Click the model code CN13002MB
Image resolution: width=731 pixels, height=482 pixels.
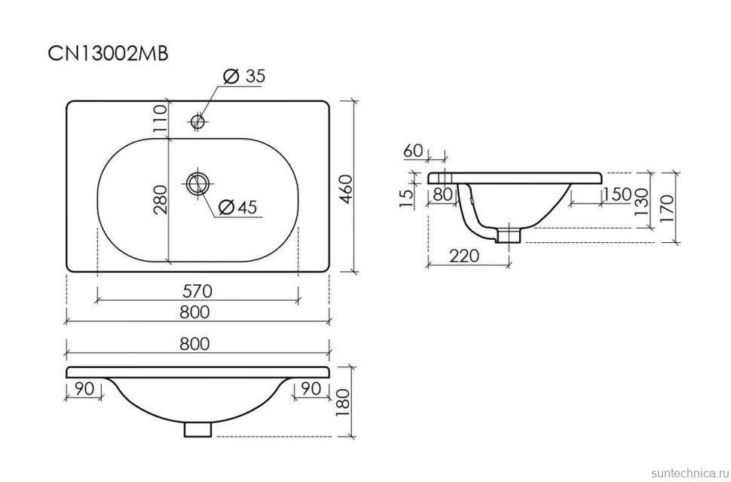pos(108,54)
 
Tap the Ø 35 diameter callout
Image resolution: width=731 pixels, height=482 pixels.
pos(244,76)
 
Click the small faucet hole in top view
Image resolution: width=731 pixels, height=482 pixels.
pos(198,121)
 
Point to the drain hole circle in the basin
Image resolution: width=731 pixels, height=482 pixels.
pos(199,183)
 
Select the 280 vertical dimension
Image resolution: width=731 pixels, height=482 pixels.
pos(160,199)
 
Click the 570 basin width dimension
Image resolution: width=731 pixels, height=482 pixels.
pos(197,290)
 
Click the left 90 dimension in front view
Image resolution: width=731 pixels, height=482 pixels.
pos(84,388)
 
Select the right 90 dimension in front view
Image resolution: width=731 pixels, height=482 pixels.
pos(311,388)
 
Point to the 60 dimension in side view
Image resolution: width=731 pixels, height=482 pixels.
pos(413,151)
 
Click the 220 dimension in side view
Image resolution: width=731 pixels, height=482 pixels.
pos(464,256)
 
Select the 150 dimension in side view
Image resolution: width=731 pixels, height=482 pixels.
pos(616,194)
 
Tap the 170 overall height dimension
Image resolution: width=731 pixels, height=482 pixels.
pos(665,207)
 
